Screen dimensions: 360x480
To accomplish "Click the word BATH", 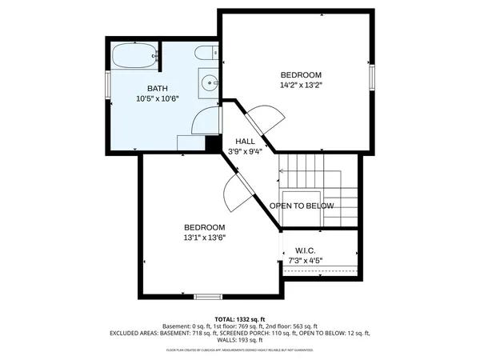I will coord(157,88).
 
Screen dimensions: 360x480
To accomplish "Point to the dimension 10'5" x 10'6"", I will coord(157,98).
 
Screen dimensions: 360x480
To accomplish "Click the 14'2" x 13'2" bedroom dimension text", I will coord(301,84).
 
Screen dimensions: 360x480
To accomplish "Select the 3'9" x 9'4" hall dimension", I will coord(245,151).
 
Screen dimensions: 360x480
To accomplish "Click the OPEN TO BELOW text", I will coord(302,206).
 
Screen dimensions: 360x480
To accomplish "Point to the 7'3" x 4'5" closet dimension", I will coord(304,260).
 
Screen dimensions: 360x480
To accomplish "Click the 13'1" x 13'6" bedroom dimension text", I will coord(205,237).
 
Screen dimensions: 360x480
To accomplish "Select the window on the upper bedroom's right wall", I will coord(372,78).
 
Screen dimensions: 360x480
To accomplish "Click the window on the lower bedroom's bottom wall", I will coord(208,297).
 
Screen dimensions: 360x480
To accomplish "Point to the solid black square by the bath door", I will coord(213,142).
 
